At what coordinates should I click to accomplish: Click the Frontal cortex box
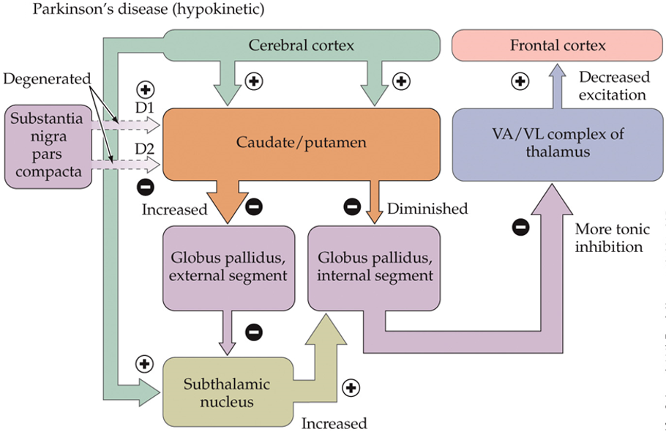[558, 46]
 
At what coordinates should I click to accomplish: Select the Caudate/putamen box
[301, 144]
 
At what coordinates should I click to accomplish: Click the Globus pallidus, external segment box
[228, 268]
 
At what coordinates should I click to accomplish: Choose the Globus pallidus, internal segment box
[374, 268]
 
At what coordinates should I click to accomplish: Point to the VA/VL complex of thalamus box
[558, 144]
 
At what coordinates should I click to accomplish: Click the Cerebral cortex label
[301, 45]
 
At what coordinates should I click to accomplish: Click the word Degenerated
[47, 78]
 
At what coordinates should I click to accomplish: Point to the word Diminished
[427, 209]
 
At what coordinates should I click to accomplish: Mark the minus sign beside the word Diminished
[352, 208]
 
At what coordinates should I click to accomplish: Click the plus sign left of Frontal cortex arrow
[520, 81]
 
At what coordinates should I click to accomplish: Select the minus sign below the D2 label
[145, 187]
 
